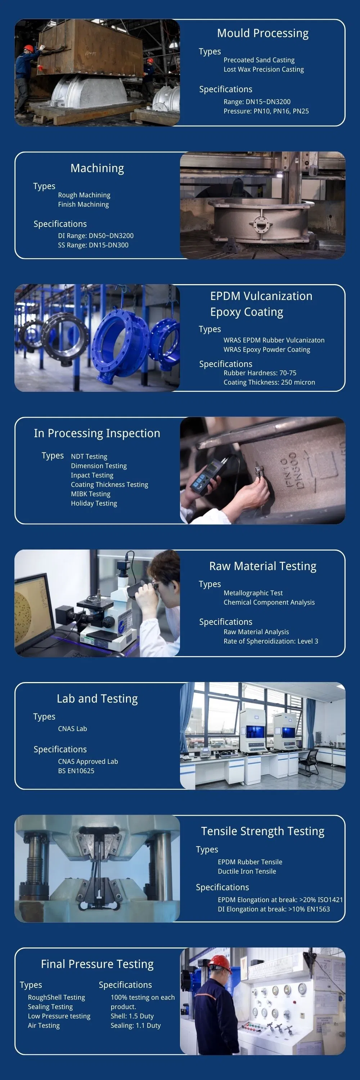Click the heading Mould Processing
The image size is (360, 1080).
[x=262, y=33]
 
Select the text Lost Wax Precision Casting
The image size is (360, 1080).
[x=263, y=70]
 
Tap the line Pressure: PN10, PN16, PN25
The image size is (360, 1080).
[x=266, y=111]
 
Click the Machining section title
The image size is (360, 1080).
[x=97, y=168]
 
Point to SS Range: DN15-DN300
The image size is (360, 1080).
[x=93, y=245]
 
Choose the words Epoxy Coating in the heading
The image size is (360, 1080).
[x=247, y=312]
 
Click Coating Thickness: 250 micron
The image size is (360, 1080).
[x=269, y=382]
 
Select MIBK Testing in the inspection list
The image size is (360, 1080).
[x=90, y=494]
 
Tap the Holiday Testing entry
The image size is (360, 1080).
[x=94, y=503]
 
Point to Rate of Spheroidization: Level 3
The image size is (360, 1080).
[x=271, y=641]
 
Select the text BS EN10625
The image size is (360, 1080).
[x=76, y=771]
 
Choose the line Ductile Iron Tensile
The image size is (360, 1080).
[x=247, y=871]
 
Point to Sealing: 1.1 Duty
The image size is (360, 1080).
[x=135, y=1026]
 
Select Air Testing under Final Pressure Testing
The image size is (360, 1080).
[x=44, y=1026]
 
